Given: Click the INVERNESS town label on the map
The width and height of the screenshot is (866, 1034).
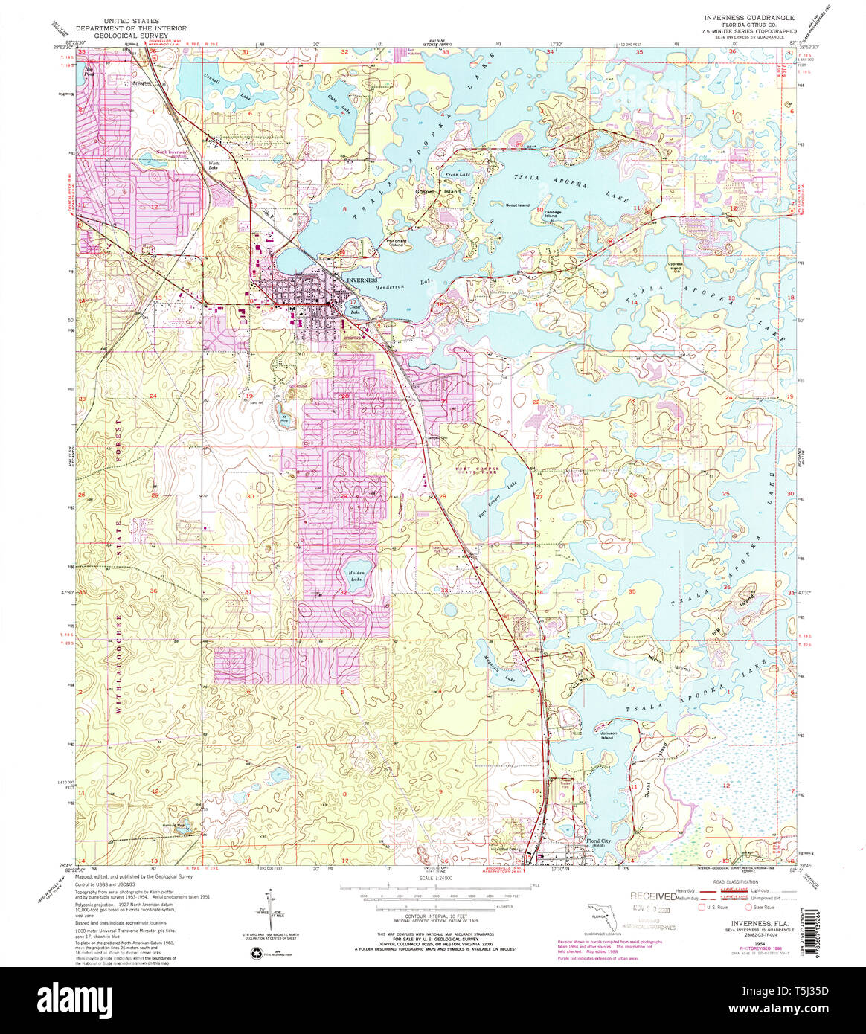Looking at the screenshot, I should (362, 280).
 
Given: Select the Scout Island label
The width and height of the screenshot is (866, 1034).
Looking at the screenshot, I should (517, 205).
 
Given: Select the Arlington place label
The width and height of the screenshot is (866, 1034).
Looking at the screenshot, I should (141, 83).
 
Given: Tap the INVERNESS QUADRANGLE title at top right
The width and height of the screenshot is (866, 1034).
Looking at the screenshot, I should (749, 17).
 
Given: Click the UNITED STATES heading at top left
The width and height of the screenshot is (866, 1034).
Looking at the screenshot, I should (135, 22).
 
